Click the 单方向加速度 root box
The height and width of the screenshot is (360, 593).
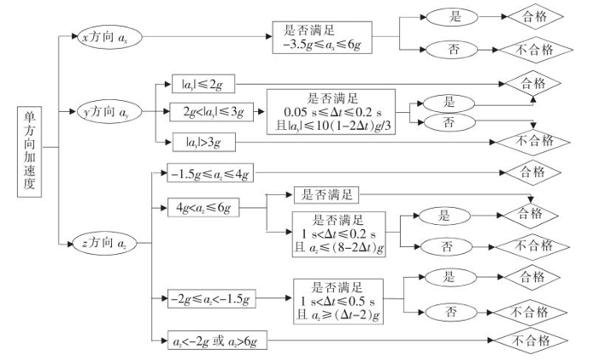(x=30, y=152)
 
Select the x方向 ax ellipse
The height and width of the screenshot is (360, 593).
(x=110, y=37)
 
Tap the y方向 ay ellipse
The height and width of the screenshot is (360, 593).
(x=109, y=112)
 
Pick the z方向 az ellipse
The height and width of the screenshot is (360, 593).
(x=104, y=244)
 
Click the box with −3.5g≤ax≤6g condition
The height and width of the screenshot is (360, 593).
(x=322, y=38)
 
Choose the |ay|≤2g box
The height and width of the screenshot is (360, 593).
(x=203, y=84)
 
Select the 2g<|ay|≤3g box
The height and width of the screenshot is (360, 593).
(x=211, y=112)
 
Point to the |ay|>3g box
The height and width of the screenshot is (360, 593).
(x=204, y=142)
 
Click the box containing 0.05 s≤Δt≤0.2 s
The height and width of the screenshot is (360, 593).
(x=331, y=112)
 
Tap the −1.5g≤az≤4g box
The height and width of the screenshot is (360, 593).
(x=210, y=173)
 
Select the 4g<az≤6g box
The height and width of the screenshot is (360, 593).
(x=203, y=208)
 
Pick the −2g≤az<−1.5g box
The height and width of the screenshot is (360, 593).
(x=211, y=299)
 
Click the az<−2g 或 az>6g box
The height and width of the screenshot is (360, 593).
(x=217, y=340)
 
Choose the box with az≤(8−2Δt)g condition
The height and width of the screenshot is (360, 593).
(x=339, y=234)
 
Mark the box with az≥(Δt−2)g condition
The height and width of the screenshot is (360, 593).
(x=338, y=302)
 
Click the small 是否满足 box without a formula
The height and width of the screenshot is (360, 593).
(x=326, y=195)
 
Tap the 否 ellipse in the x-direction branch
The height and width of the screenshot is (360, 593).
(x=452, y=50)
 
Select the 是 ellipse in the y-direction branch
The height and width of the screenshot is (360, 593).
(x=449, y=103)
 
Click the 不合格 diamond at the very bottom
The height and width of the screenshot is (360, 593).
(x=531, y=340)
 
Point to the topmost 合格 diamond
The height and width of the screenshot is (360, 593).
(x=535, y=16)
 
